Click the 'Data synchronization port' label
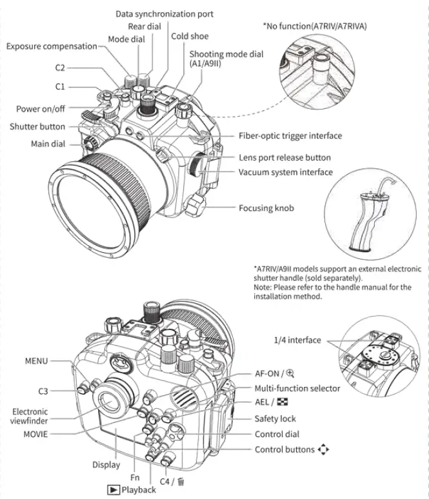pos(165,14)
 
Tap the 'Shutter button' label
pos(37,126)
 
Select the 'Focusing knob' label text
pos(266,208)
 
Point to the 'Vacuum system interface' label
pos(286,172)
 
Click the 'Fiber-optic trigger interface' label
pos(290,136)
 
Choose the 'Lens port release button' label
pos(284,157)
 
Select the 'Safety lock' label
pos(275,418)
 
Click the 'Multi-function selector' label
pos(297,388)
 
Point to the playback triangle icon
pos(111,489)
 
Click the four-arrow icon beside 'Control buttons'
pos(323,449)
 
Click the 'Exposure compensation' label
pos(52,46)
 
